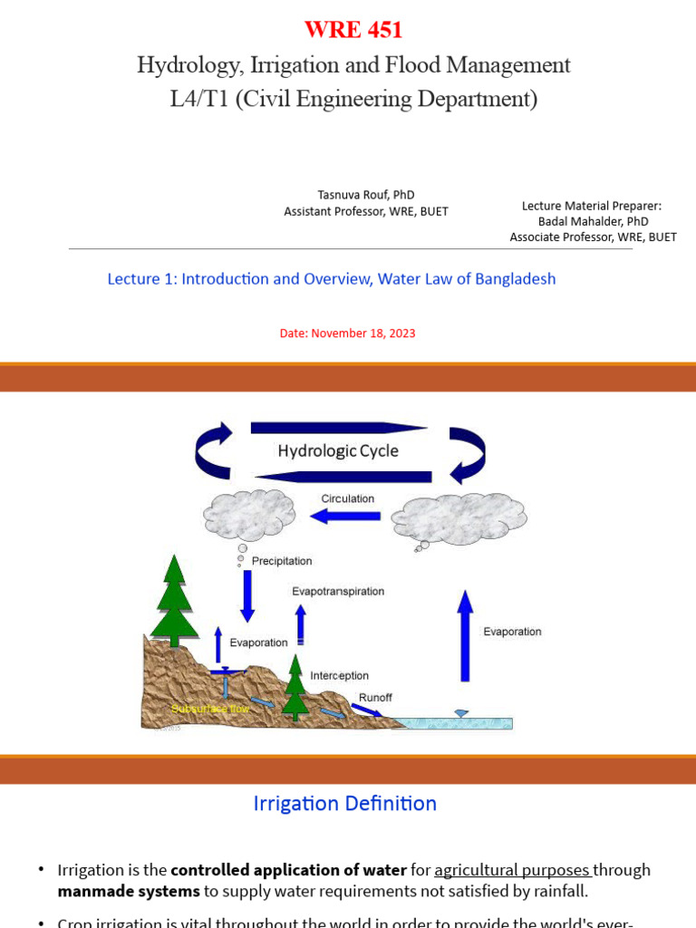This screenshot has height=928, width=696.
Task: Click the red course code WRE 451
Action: (353, 30)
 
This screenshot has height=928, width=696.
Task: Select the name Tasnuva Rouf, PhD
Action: (366, 195)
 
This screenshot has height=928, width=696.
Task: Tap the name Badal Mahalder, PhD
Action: (593, 221)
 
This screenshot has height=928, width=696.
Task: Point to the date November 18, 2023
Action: (347, 333)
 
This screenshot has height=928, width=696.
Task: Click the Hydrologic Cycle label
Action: (337, 450)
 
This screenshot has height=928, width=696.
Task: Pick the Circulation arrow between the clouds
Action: (345, 516)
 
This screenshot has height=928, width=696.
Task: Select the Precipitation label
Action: (282, 561)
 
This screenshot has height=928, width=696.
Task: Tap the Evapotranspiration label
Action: (338, 591)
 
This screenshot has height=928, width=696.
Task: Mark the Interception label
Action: (339, 675)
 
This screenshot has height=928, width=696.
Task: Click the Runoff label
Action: (375, 698)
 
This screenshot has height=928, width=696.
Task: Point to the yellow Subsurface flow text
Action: (210, 708)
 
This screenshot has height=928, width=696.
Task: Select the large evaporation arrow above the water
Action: (465, 635)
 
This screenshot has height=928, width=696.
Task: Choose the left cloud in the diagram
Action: (250, 515)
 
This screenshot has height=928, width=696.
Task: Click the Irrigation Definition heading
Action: (344, 803)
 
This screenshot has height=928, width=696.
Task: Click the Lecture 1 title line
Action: (332, 279)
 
